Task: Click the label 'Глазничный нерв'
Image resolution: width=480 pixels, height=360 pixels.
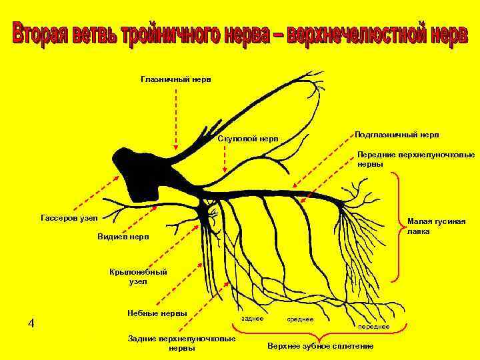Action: pos(176,79)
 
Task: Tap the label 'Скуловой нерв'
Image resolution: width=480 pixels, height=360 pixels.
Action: pos(248,139)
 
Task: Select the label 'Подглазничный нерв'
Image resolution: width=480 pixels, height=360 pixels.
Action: pos(396,134)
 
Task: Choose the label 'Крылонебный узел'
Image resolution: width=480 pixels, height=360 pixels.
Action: pos(133,276)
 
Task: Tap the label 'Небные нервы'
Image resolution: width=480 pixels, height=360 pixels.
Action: pos(157,313)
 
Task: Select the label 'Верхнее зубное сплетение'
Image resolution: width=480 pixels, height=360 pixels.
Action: pos(320,347)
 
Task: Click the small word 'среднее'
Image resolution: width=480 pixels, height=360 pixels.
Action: pos(300,319)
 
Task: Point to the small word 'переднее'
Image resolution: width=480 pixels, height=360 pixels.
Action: pos(373,327)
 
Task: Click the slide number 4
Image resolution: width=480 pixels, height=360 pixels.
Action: pos(31,324)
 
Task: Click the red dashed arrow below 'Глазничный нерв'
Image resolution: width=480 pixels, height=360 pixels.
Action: pos(176,117)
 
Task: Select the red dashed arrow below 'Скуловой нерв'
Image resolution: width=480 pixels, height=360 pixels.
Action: pos(225,161)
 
